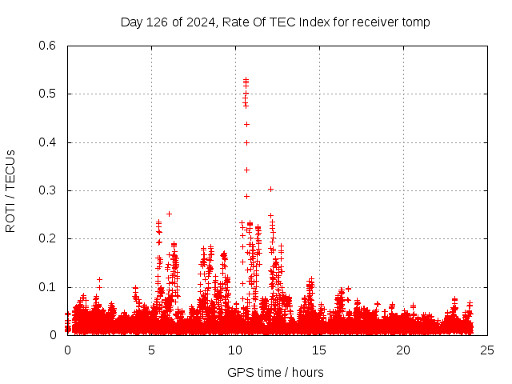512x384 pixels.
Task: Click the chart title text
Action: (x=275, y=22)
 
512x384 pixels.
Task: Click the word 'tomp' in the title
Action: (x=416, y=22)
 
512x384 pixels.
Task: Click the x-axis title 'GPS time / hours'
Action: (x=275, y=372)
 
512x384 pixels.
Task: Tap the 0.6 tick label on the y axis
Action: (x=47, y=46)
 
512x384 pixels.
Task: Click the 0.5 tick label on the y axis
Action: (x=47, y=94)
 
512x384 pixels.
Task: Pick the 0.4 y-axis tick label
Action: (x=47, y=142)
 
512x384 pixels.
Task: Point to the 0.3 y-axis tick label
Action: (x=47, y=190)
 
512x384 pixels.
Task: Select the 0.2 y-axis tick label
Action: (x=47, y=239)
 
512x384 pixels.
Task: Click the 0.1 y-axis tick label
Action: (x=47, y=287)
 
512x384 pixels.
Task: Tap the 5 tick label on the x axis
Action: (x=151, y=350)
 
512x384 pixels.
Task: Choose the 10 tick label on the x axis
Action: (x=235, y=350)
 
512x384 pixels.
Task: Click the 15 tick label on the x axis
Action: (x=319, y=350)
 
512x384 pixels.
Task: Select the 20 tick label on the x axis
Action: (x=403, y=350)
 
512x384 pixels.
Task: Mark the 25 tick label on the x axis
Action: (x=487, y=350)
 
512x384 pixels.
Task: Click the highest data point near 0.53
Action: (x=246, y=79)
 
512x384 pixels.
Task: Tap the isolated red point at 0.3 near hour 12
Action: (x=270, y=189)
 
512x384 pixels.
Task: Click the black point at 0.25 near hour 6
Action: (x=169, y=214)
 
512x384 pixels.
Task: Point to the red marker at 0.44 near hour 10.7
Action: (x=246, y=124)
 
